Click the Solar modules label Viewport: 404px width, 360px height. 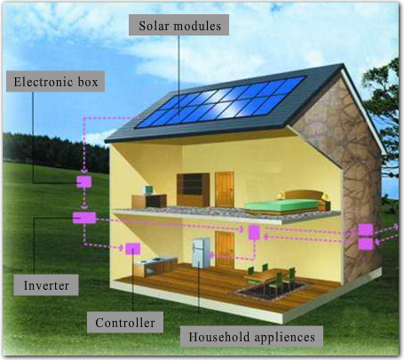(x=178, y=25)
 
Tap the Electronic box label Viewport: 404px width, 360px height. (x=55, y=82)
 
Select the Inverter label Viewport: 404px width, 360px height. (x=46, y=285)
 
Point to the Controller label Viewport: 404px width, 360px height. (x=125, y=323)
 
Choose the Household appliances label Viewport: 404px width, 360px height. (x=251, y=337)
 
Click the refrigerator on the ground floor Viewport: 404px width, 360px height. (x=201, y=253)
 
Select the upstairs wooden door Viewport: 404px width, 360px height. (x=225, y=189)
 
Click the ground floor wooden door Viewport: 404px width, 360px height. (x=225, y=248)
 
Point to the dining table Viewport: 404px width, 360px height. (x=269, y=276)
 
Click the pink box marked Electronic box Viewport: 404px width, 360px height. (x=84, y=182)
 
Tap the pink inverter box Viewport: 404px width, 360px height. (x=84, y=218)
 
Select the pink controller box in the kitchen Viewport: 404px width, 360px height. (x=133, y=249)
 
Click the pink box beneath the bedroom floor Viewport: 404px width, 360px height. (x=254, y=232)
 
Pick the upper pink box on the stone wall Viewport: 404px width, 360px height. (x=366, y=230)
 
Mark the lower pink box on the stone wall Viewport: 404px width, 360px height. (x=366, y=244)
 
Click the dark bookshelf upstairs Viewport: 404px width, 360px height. (x=193, y=190)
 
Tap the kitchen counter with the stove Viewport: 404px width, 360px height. (x=156, y=266)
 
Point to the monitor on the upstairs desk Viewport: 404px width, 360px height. (x=148, y=190)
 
